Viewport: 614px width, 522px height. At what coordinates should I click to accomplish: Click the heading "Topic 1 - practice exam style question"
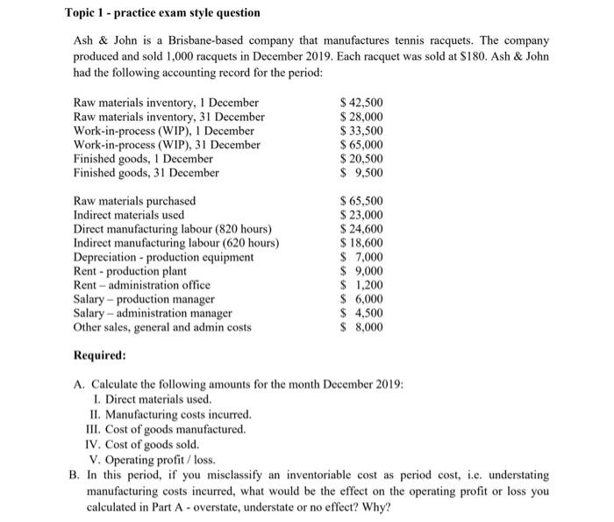pos(162,14)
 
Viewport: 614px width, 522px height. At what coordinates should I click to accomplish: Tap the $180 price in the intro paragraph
pos(462,56)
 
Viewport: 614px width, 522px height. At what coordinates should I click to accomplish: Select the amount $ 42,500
pos(361,103)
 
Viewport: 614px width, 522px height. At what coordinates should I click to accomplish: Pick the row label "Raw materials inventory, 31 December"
pos(169,117)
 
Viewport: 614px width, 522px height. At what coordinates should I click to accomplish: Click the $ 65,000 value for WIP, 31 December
pos(361,145)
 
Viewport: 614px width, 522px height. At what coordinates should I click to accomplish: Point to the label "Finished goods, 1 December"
pos(143,159)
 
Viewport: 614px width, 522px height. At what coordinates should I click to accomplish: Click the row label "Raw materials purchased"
pos(134,201)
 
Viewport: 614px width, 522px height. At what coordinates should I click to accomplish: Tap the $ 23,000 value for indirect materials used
pos(361,215)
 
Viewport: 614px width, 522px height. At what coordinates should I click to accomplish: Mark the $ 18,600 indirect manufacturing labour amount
pos(361,243)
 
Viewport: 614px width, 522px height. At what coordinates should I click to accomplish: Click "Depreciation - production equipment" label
pos(163,257)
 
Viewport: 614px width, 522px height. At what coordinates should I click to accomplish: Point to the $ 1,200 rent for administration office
pos(362,285)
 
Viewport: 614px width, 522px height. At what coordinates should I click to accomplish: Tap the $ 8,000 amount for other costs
pos(362,327)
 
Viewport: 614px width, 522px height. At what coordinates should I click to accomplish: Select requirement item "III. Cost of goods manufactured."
pos(168,429)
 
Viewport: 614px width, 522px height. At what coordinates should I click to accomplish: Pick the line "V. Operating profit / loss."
pos(152,458)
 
